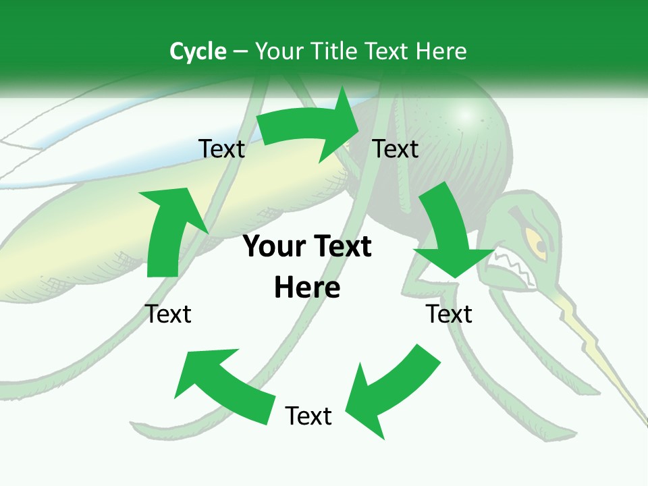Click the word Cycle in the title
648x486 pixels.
coord(198,51)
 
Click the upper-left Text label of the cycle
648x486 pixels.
coord(221,149)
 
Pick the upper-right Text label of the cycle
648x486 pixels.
coord(396,149)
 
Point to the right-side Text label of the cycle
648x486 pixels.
coord(449,314)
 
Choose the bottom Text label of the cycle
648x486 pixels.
coord(308,416)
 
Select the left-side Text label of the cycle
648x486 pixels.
coord(168,314)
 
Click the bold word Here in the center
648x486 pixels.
coord(307,288)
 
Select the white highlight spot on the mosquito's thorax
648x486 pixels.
coord(465,115)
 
